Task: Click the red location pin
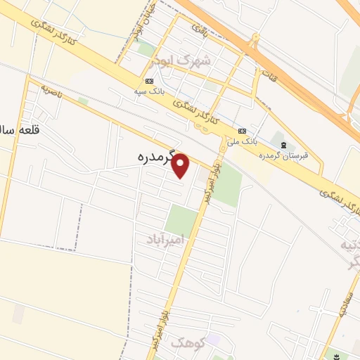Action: (181, 165)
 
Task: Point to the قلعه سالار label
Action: (14, 131)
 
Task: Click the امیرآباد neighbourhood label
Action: (166, 240)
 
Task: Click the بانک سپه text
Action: (150, 91)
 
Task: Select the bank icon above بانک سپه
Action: (150, 82)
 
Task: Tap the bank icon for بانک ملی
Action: (242, 131)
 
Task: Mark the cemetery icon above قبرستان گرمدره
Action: (283, 144)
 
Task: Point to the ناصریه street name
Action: (50, 92)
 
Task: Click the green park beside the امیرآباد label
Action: (181, 221)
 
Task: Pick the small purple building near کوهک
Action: (213, 341)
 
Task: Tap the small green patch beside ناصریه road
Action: (84, 101)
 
